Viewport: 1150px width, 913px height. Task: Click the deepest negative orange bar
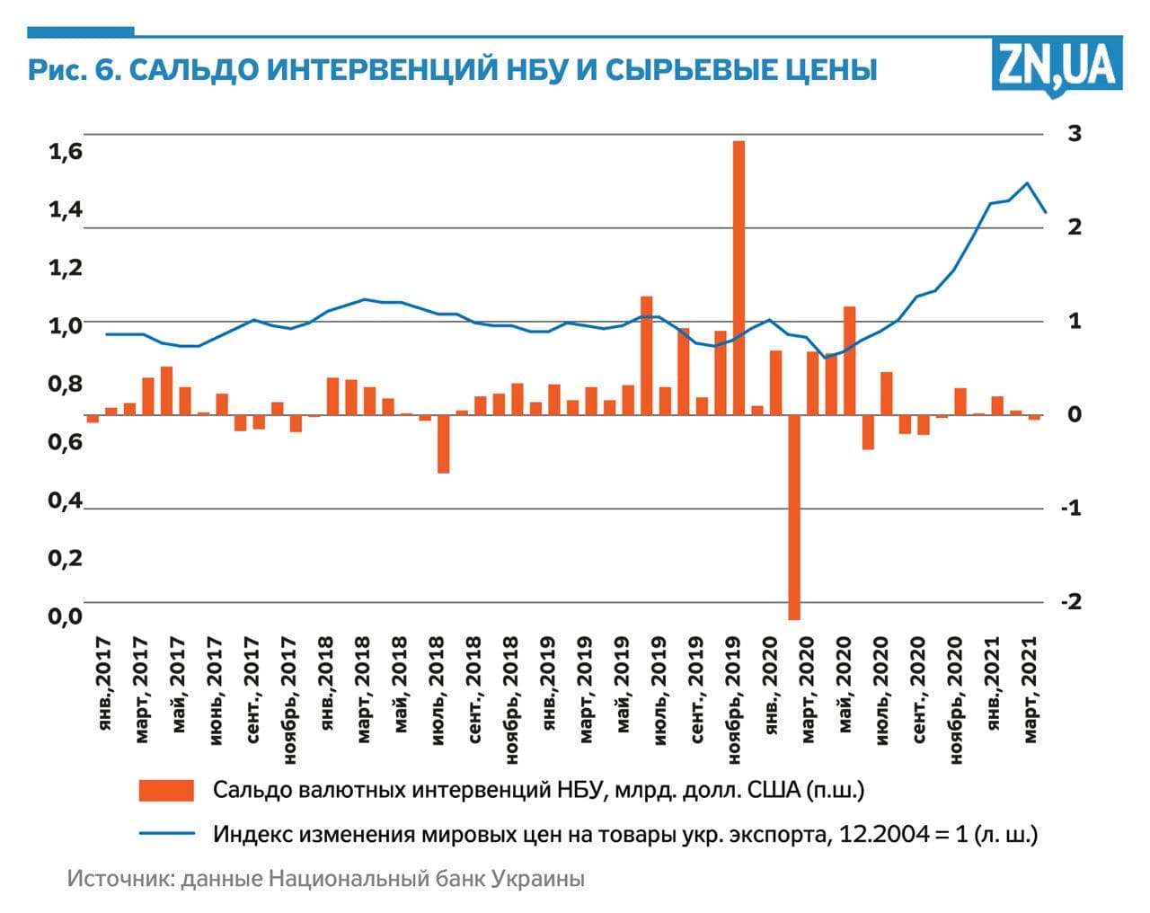pyautogui.click(x=794, y=517)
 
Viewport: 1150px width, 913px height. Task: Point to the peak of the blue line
pyautogui.click(x=1027, y=183)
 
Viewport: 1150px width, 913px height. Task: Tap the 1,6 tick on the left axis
pyautogui.click(x=65, y=152)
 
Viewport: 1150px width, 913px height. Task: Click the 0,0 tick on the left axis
pyautogui.click(x=65, y=616)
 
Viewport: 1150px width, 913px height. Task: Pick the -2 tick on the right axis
pyautogui.click(x=1071, y=601)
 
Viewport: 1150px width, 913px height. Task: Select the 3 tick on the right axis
pyautogui.click(x=1074, y=134)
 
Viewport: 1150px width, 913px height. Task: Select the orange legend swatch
pyautogui.click(x=166, y=790)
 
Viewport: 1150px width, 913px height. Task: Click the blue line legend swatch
pyautogui.click(x=166, y=833)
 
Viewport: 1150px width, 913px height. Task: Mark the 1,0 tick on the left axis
pyautogui.click(x=65, y=325)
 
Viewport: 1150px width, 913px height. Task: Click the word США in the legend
pyautogui.click(x=772, y=790)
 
